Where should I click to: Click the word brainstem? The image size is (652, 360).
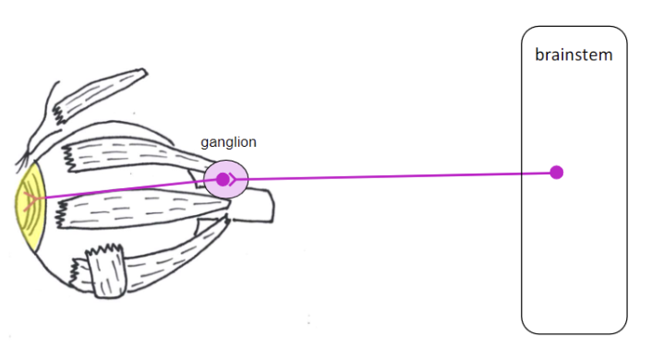pyautogui.click(x=574, y=55)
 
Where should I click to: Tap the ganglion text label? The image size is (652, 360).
pyautogui.click(x=228, y=142)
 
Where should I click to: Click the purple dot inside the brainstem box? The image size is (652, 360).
pyautogui.click(x=556, y=172)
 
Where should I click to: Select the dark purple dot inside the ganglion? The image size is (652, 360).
pyautogui.click(x=222, y=179)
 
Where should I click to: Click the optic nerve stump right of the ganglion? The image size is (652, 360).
pyautogui.click(x=261, y=206)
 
